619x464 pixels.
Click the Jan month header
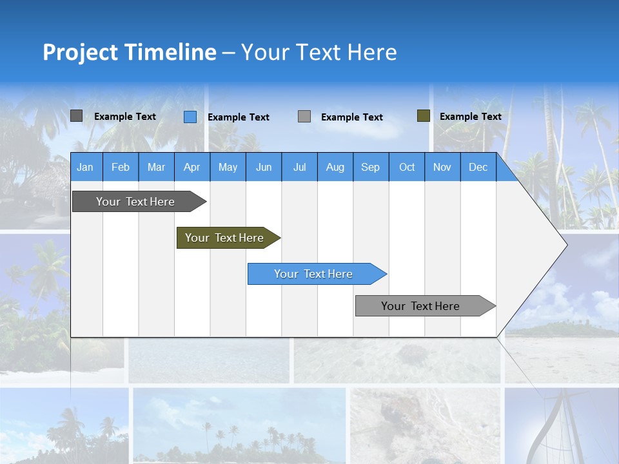click(x=85, y=167)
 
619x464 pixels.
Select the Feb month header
click(x=121, y=167)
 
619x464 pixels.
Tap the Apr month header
click(x=192, y=167)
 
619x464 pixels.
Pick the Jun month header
click(x=264, y=167)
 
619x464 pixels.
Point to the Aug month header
click(x=335, y=167)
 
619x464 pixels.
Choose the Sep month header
click(x=371, y=167)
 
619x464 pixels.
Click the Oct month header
click(x=407, y=167)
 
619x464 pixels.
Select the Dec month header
click(x=478, y=167)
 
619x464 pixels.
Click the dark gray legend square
click(x=76, y=116)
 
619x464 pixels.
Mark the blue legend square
click(x=190, y=117)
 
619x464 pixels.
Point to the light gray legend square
click(x=304, y=117)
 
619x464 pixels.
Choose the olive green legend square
click(x=424, y=116)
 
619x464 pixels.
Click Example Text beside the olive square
click(x=471, y=117)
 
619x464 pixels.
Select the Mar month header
click(x=156, y=167)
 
